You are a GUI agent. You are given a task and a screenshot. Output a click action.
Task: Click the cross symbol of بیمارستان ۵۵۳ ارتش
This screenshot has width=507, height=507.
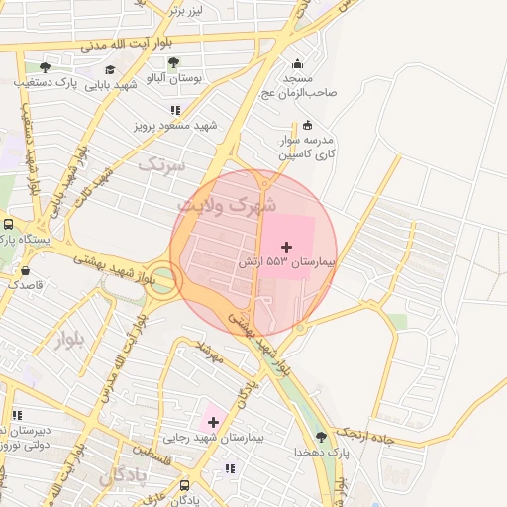[x=287, y=246]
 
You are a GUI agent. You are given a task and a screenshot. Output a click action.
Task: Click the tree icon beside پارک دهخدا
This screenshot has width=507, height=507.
[x=320, y=436]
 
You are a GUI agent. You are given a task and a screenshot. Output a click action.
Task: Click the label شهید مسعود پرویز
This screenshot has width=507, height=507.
[x=175, y=127]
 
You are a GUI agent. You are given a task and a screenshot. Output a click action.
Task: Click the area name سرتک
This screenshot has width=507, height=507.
[x=161, y=165]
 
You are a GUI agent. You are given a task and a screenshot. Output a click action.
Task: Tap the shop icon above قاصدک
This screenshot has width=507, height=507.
[x=25, y=269]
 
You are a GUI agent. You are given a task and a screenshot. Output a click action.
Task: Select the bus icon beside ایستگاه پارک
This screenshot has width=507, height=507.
[x=8, y=224]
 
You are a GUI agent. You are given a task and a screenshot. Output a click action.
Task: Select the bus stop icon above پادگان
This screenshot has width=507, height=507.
[x=185, y=485]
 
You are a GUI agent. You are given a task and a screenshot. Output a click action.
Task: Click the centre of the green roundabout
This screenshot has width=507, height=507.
[x=161, y=284]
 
